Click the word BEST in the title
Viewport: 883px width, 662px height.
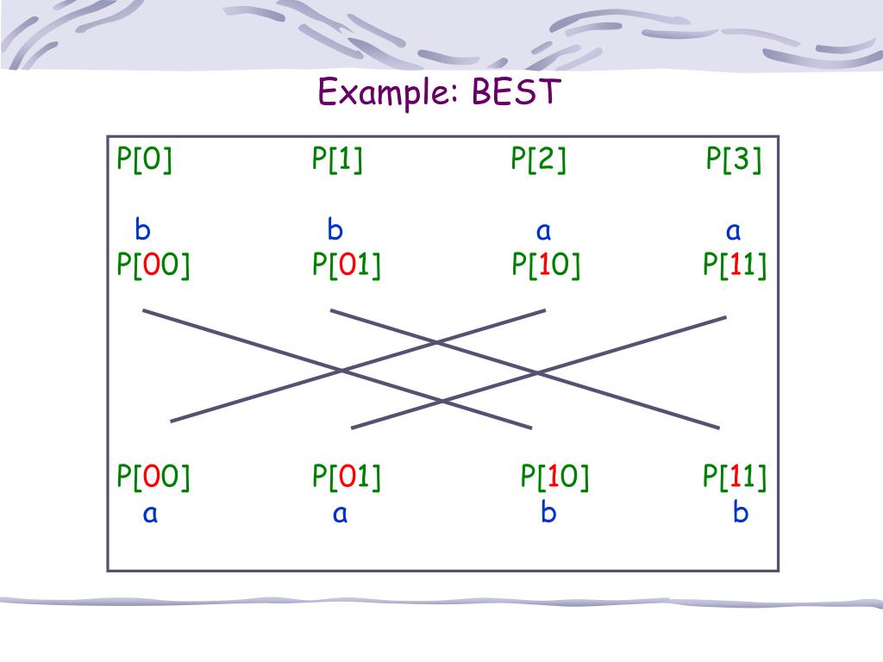pyautogui.click(x=516, y=91)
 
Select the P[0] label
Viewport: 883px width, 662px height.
pyautogui.click(x=145, y=160)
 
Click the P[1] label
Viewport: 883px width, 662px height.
pyautogui.click(x=337, y=160)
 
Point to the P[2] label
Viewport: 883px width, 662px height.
pyautogui.click(x=538, y=160)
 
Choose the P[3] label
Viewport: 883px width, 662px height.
pyautogui.click(x=734, y=160)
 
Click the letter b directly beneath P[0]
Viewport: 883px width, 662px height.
pyautogui.click(x=142, y=230)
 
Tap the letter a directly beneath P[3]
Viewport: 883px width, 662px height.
pyautogui.click(x=733, y=231)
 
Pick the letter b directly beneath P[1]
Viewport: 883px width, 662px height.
pyautogui.click(x=335, y=230)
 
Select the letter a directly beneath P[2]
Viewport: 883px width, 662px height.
pyautogui.click(x=543, y=231)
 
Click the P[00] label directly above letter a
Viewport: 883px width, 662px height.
pyautogui.click(x=153, y=476)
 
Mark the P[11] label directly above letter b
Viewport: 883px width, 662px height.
pyautogui.click(x=735, y=476)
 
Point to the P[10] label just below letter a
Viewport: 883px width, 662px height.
pyautogui.click(x=546, y=265)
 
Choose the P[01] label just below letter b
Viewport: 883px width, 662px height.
pyautogui.click(x=347, y=265)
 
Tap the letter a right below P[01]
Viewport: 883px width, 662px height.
pyautogui.click(x=340, y=515)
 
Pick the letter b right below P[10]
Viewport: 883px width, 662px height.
pyautogui.click(x=548, y=514)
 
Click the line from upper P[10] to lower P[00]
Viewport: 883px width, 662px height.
pyautogui.click(x=259, y=396)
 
